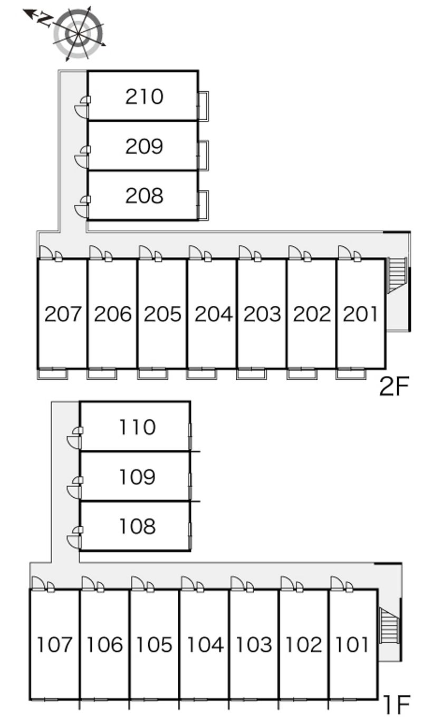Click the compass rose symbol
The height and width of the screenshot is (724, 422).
(78, 33)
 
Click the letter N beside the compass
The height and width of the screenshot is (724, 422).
(44, 20)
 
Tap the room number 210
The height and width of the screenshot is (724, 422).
(144, 96)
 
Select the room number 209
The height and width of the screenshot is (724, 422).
(144, 146)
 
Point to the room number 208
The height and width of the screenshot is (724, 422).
(144, 196)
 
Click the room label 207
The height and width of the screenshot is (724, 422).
(63, 314)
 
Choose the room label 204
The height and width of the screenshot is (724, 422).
(214, 314)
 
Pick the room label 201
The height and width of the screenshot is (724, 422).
(360, 314)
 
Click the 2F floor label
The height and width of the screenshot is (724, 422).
(394, 386)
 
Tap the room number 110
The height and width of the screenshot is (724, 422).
(138, 427)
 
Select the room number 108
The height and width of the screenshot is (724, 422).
(138, 526)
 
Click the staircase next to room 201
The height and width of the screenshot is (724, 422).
(397, 275)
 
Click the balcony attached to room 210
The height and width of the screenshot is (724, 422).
(204, 106)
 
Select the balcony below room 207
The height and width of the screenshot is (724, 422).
(52, 374)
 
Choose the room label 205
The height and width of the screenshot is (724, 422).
(162, 314)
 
